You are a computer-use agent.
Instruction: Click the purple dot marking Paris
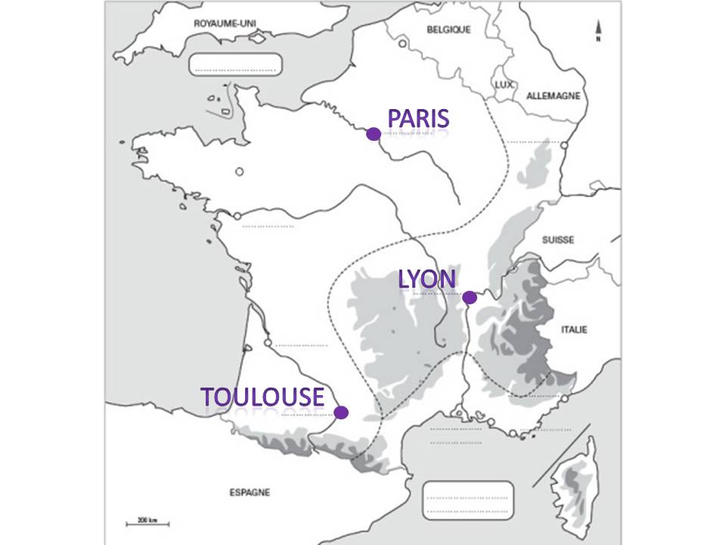click(373, 134)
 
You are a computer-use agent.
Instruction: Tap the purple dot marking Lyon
click(469, 297)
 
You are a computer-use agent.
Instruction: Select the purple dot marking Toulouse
click(341, 413)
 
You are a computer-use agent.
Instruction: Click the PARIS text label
click(418, 118)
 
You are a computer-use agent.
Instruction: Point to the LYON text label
click(427, 279)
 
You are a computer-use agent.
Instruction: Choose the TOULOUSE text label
click(262, 397)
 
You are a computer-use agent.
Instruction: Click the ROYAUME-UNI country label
click(225, 24)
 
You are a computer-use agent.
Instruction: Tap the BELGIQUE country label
click(448, 30)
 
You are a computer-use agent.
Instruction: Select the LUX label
click(504, 85)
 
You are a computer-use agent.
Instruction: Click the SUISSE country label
click(557, 240)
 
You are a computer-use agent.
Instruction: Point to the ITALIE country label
click(575, 329)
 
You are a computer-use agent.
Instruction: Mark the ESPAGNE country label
click(249, 492)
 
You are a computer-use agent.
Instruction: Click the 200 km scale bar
click(147, 522)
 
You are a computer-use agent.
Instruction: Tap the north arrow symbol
click(598, 31)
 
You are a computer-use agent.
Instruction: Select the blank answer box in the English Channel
click(234, 64)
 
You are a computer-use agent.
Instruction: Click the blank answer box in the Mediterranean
click(467, 500)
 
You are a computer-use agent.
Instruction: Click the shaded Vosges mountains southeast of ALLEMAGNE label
click(535, 167)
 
